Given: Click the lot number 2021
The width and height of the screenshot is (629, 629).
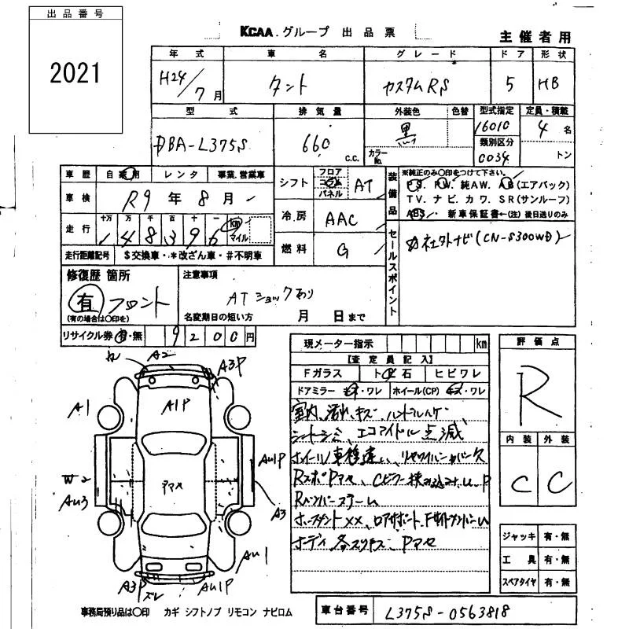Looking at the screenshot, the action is pyautogui.click(x=75, y=73).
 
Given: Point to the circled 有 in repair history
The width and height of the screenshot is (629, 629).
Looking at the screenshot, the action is pyautogui.click(x=80, y=300).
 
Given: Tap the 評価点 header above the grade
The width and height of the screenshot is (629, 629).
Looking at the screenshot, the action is pyautogui.click(x=538, y=341).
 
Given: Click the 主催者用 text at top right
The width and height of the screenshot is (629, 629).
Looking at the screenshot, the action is pyautogui.click(x=535, y=37).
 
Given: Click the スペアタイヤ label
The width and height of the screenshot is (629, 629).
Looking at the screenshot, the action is pyautogui.click(x=520, y=583).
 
